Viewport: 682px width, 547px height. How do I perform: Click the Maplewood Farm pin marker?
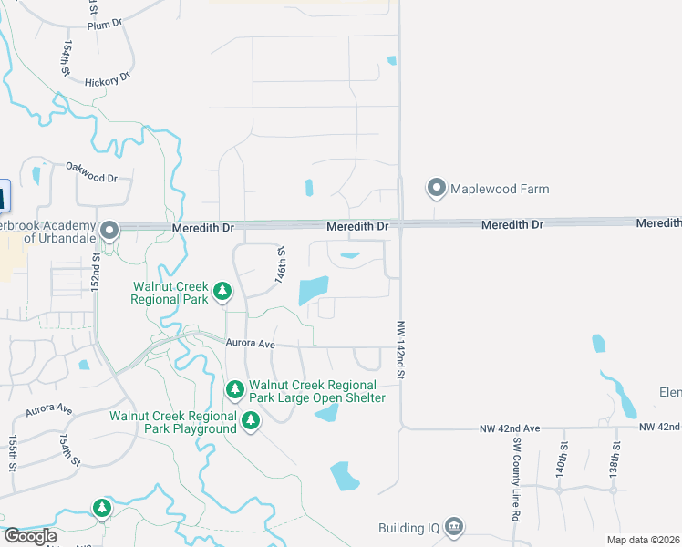pos(436,189)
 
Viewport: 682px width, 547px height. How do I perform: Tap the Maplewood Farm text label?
pos(499,189)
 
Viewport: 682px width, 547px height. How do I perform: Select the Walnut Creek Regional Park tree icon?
pos(222,292)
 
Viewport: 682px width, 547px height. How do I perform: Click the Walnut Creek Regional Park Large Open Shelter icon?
pos(235,390)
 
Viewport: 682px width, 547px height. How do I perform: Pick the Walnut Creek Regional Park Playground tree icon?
pos(250,421)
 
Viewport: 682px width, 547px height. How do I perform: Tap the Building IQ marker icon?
pos(454,528)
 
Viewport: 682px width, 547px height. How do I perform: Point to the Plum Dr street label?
pos(104,25)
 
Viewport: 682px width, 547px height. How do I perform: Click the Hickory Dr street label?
pos(101,82)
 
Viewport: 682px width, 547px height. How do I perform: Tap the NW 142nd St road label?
pos(400,350)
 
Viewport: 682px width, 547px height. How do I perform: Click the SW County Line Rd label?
pos(515,480)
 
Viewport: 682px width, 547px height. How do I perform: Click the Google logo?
pos(30,536)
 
